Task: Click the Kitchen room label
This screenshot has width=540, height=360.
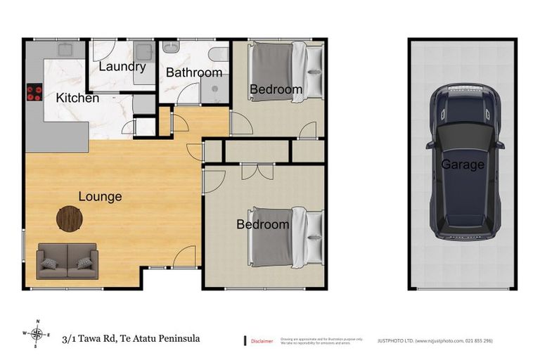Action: click(77, 98)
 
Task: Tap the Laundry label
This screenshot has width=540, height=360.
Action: click(122, 67)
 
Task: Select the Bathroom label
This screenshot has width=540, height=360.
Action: click(194, 72)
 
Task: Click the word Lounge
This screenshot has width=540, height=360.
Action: click(100, 196)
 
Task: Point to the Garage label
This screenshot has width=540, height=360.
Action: click(463, 165)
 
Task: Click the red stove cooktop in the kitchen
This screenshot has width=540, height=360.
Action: click(34, 94)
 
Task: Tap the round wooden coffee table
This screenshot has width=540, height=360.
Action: click(69, 218)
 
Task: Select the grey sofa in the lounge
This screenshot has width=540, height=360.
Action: click(67, 260)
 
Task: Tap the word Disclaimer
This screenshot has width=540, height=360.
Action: click(262, 341)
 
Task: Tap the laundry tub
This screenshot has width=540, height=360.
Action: click(144, 52)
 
